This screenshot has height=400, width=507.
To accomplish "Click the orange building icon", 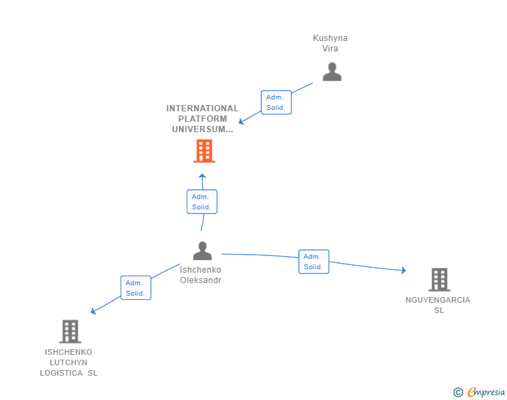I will [203, 151].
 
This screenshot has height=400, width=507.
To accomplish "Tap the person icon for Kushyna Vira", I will [331, 72].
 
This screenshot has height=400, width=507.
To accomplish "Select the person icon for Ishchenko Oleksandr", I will [202, 250].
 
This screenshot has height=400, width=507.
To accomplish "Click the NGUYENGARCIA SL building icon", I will [439, 280].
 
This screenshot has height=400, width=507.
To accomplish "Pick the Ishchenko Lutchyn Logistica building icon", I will [70, 332].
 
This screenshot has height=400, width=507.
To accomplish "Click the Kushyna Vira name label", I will [330, 43].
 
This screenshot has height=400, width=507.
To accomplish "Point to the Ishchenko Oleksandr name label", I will [201, 275].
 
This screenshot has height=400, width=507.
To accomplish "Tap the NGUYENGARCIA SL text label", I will [438, 305].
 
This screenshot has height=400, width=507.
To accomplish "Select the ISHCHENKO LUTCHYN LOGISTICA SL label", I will [68, 362].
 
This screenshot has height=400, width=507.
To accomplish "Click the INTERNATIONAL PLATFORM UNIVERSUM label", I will [202, 119].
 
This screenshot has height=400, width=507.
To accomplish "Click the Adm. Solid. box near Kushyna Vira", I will [276, 102].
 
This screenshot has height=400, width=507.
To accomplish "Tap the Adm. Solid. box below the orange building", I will [202, 202].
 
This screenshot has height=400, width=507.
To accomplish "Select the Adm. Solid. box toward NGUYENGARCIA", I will [313, 262].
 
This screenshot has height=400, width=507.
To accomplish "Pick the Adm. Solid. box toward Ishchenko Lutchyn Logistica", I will [135, 288].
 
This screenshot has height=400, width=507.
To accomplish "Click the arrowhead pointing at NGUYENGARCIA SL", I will [403, 271].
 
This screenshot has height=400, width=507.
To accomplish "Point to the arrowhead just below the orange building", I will [202, 176].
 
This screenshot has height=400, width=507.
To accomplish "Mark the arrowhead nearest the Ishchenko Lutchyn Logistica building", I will [93, 312].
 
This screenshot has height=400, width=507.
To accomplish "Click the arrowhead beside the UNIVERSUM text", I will [241, 122].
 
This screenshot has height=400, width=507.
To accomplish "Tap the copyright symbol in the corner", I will [458, 392].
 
